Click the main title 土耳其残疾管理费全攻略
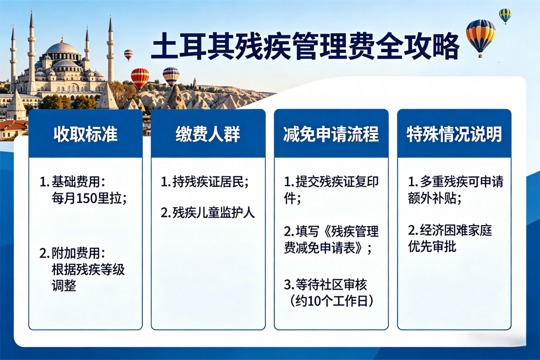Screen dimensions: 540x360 point(305,46)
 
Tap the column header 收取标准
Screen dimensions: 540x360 point(85,134)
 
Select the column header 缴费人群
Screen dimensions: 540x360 point(208,134)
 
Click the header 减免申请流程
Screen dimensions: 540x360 point(331,134)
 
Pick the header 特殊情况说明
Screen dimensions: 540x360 point(454,134)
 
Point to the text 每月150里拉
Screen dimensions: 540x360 point(89,198)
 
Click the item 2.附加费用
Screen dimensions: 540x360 point(72,253)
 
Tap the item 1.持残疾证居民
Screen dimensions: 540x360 point(205,182)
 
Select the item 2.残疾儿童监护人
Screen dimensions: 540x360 point(208,213)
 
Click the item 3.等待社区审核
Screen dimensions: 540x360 point(325,285)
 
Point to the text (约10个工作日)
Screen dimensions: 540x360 point(332,301)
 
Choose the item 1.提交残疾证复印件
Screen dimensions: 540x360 point(331,190)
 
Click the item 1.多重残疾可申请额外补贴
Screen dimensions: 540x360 point(455,190)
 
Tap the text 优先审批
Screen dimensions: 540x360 point(432,247)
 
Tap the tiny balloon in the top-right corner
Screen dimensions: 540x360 point(505,16)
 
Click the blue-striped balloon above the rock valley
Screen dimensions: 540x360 point(171,76)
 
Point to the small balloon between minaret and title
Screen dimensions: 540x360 point(129,55)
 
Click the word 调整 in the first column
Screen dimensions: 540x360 point(64,286)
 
